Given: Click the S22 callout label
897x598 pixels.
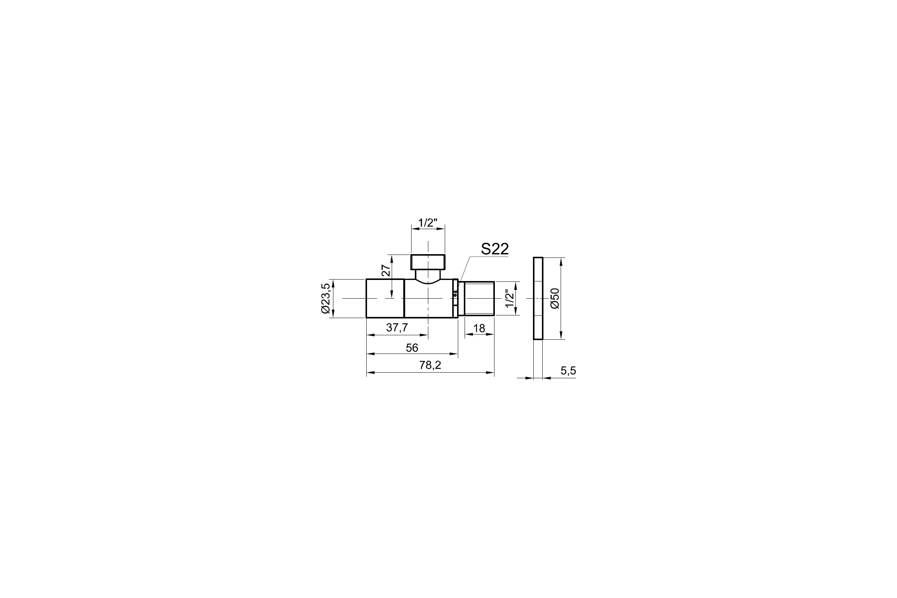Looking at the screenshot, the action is click(x=494, y=249).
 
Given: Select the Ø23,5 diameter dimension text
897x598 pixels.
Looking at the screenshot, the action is click(x=325, y=298).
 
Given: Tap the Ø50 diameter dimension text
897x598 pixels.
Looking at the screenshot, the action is click(x=555, y=298).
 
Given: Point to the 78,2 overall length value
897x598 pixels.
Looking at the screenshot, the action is click(x=430, y=366).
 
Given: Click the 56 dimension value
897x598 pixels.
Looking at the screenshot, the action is click(x=412, y=348).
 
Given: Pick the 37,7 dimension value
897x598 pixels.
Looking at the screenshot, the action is click(x=397, y=328).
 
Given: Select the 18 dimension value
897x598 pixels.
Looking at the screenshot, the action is click(x=479, y=329).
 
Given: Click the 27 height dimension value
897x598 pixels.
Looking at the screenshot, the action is click(x=386, y=270).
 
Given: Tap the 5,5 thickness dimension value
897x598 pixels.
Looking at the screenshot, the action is click(x=568, y=371).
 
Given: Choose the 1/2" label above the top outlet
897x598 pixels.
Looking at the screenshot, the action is click(x=428, y=223).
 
